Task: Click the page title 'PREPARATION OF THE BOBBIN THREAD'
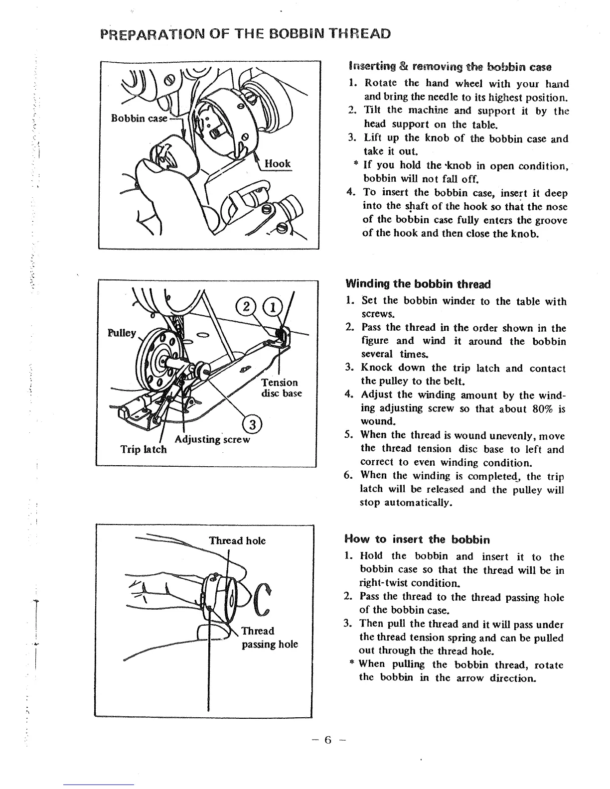[245, 34]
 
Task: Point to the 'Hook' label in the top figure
[278, 163]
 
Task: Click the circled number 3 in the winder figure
[252, 424]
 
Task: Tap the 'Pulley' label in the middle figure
[122, 332]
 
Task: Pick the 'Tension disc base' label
[281, 388]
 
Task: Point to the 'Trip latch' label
[144, 449]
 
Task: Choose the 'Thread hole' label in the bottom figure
[237, 540]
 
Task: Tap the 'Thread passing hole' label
[269, 638]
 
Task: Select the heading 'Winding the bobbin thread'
[418, 284]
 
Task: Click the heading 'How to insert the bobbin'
[417, 539]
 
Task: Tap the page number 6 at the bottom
[327, 740]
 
